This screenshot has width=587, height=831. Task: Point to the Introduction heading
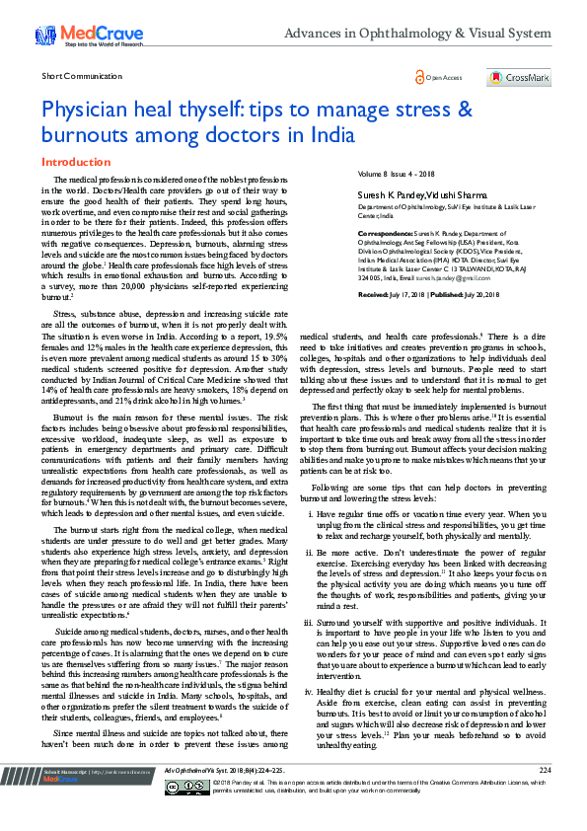coord(74,160)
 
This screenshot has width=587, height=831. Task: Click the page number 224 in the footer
coord(545,796)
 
